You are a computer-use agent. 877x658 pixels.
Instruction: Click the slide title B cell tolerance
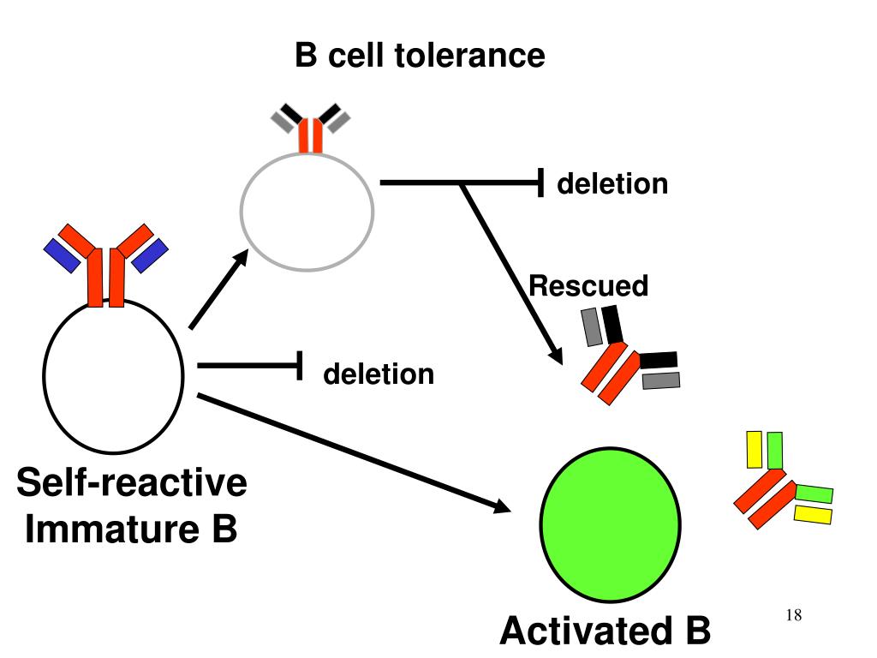[x=420, y=56]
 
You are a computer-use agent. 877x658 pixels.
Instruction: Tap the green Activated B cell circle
[x=610, y=523]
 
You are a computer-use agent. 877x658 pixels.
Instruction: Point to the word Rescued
[x=588, y=286]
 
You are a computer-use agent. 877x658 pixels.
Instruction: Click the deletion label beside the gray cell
[x=612, y=184]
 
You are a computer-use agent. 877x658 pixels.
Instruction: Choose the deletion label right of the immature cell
[x=379, y=374]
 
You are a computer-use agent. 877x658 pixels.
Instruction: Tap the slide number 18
[x=792, y=616]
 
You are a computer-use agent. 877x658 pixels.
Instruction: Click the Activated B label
[x=605, y=631]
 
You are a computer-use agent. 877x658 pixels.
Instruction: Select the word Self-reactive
[x=132, y=482]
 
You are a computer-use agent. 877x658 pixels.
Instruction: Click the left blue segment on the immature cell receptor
[x=60, y=254]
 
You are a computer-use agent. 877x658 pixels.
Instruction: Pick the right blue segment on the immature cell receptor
[x=151, y=254]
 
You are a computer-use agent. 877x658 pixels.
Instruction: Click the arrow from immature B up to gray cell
[x=218, y=290]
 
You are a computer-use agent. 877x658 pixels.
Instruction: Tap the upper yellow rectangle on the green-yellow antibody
[x=755, y=450]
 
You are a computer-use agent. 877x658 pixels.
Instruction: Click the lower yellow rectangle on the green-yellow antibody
[x=813, y=514]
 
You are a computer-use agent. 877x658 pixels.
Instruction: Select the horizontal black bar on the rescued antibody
[x=659, y=359]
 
